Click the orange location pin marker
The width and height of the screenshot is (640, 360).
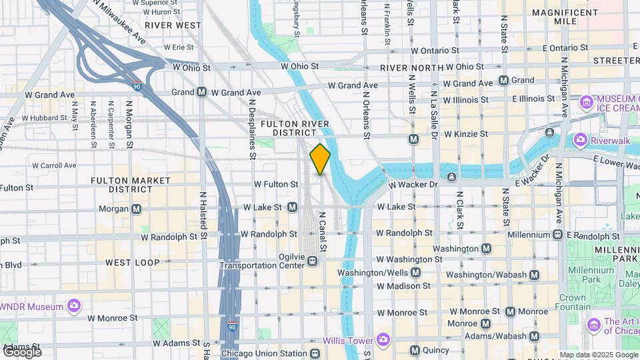click(320, 159)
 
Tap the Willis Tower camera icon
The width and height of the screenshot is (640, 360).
click(383, 340)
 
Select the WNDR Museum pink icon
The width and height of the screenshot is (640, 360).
click(74, 306)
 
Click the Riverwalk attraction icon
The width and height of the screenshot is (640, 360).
click(580, 141)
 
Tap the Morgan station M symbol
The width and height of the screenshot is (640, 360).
click(137, 209)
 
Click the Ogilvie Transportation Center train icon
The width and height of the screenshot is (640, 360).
click(312, 262)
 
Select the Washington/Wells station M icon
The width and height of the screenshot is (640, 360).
click(415, 273)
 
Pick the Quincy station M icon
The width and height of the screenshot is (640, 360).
click(414, 350)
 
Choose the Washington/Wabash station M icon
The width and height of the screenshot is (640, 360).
click(533, 275)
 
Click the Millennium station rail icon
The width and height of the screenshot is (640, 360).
click(557, 234)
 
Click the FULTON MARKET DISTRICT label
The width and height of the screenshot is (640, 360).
click(122, 185)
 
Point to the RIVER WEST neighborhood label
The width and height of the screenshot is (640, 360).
click(173, 25)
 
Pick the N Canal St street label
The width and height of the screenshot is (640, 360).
click(323, 232)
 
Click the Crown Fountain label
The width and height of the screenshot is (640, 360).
click(572, 303)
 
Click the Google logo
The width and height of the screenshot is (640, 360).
click(22, 351)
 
